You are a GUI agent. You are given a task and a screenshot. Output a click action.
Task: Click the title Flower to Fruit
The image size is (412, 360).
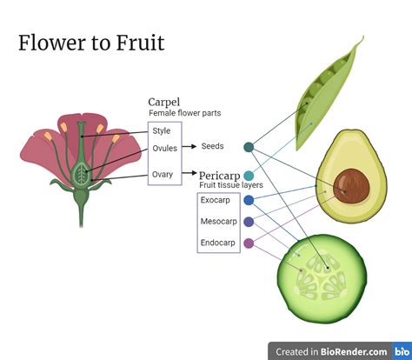tap(91, 43)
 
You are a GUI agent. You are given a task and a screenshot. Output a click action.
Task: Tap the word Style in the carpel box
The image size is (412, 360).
tap(162, 131)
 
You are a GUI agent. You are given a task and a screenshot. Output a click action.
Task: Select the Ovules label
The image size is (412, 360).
tap(164, 148)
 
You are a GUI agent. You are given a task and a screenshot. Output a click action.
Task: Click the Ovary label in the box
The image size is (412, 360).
tap(163, 175)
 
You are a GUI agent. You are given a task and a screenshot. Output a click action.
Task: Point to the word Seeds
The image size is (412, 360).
tap(212, 146)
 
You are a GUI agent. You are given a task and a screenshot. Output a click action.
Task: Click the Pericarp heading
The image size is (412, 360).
tap(220, 176)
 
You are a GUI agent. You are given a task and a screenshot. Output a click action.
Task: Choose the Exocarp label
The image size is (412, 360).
tap(216, 200)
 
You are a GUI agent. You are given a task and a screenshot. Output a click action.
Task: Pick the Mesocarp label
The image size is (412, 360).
tap(219, 222)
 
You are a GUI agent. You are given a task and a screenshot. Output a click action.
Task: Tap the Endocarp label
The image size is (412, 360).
tap(217, 243)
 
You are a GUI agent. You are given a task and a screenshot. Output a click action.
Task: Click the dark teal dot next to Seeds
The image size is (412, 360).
tap(249, 147)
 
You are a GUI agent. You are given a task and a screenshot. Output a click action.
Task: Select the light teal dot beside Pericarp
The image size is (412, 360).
tap(249, 176)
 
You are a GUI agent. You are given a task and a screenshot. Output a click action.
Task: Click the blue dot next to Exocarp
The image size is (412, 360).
tap(249, 200)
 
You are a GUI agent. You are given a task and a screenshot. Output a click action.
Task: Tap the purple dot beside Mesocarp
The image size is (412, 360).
tap(249, 222)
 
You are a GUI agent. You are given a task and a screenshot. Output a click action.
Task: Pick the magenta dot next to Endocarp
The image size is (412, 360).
tap(249, 243)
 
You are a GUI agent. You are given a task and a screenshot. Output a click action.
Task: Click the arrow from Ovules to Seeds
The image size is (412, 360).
tap(189, 146)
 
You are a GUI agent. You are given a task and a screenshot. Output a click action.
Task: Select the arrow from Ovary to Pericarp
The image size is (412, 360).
tap(189, 173)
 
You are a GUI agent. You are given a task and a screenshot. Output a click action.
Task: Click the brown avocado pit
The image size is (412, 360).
tap(351, 186)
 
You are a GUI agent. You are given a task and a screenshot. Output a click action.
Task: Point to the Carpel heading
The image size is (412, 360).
tap(164, 102)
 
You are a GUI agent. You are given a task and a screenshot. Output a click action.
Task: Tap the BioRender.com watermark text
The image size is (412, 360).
tap(354, 352)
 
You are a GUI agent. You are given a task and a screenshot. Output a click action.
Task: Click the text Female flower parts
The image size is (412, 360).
tap(185, 113)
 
